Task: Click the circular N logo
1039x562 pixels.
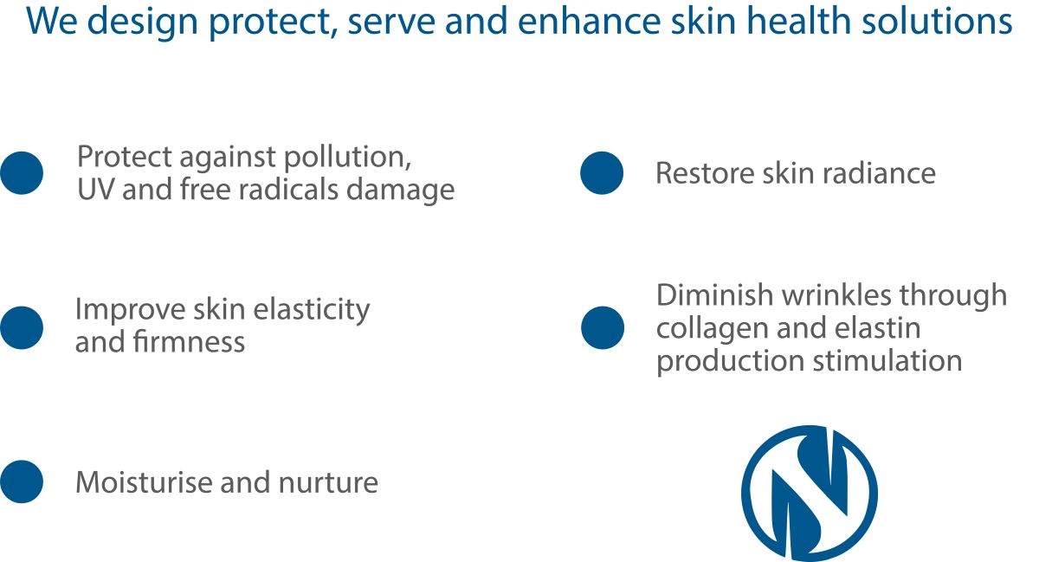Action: [x=809, y=493]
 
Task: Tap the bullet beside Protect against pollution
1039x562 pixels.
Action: [x=22, y=172]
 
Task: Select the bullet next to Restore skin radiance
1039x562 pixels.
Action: [x=602, y=172]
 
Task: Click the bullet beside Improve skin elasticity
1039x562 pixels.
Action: [x=22, y=327]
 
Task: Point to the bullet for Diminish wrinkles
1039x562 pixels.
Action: [x=602, y=327]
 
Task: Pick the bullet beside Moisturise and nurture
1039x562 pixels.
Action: [x=22, y=481]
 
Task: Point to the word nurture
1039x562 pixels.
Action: [x=328, y=482]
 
